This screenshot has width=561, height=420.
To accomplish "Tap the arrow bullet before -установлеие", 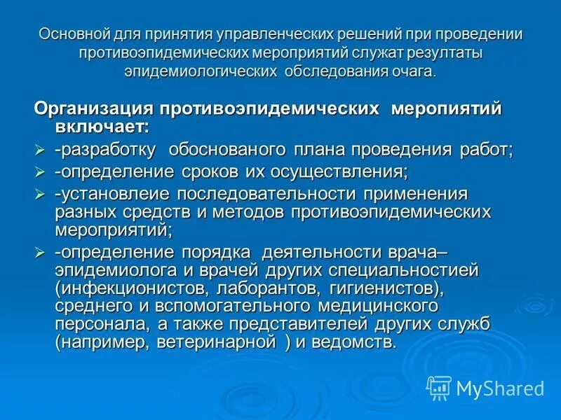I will pyautogui.click(x=40, y=192).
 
